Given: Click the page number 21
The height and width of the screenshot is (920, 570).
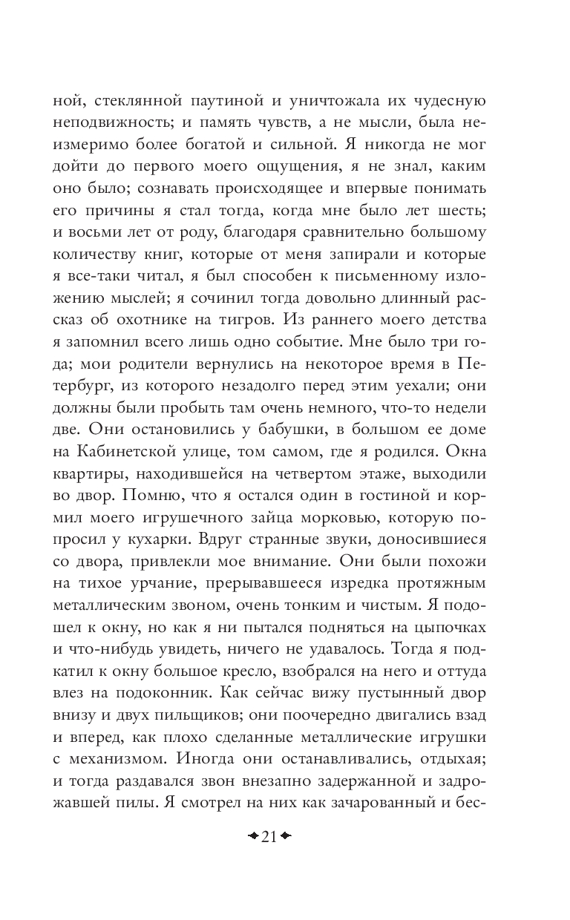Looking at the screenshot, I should pyautogui.click(x=269, y=837).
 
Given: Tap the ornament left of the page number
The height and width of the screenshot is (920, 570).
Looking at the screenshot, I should pyautogui.click(x=252, y=837).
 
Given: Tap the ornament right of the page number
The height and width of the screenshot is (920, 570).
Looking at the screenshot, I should pyautogui.click(x=286, y=837).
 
